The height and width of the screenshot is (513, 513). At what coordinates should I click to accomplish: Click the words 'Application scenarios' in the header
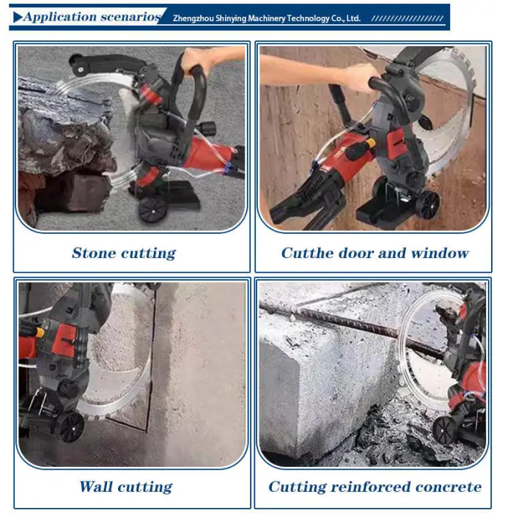point(92,16)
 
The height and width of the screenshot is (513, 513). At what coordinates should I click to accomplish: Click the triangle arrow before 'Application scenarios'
point(18,16)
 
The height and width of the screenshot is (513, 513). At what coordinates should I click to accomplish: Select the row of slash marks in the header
point(407,18)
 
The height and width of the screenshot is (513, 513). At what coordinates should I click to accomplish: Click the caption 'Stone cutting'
point(123,254)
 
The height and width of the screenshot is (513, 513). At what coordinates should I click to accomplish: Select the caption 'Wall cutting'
point(125,487)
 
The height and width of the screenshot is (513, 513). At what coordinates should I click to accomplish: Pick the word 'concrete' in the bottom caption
point(450,487)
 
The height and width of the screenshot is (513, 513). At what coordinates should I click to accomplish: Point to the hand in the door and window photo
point(359,77)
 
